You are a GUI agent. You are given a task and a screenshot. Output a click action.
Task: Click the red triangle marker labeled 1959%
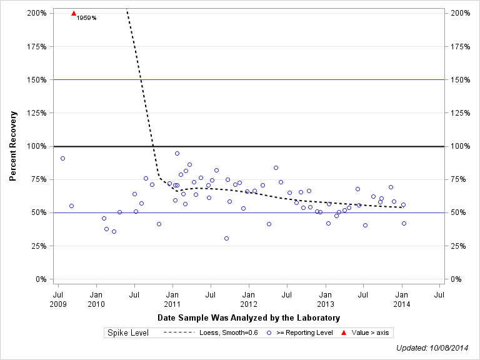click(74, 13)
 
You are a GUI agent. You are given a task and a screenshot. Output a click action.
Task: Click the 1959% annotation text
click(86, 18)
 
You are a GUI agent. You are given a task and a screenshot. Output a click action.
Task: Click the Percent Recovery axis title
click(13, 146)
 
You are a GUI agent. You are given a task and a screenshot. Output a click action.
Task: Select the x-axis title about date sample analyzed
click(249, 317)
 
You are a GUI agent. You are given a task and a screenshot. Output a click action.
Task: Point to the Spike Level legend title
click(128, 333)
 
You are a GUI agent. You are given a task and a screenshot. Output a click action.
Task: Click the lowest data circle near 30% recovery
click(226, 238)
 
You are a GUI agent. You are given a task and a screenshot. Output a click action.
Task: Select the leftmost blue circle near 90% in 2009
click(62, 158)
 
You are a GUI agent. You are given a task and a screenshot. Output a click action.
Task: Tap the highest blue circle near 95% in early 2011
click(177, 153)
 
